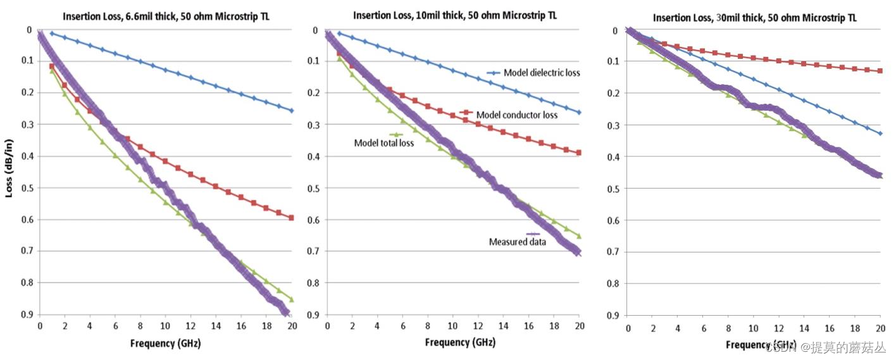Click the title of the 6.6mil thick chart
[165, 16]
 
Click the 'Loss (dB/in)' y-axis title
[10, 171]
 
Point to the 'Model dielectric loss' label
[542, 73]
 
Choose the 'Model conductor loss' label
[516, 115]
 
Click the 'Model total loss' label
[383, 143]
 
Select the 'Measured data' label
[517, 242]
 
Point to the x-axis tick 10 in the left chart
[165, 326]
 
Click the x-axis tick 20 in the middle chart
[578, 326]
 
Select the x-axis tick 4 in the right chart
[678, 329]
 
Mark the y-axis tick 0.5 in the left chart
[27, 188]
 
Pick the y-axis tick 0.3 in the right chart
[612, 125]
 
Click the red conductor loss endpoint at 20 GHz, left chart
[291, 218]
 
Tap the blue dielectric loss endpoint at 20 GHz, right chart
[880, 133]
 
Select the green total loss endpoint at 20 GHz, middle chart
[578, 236]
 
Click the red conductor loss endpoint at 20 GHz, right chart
[880, 71]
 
